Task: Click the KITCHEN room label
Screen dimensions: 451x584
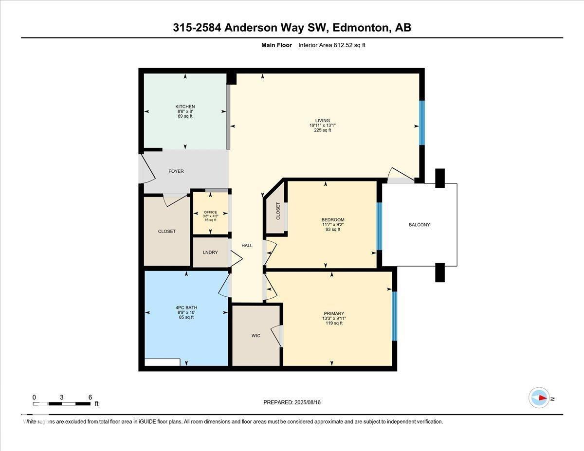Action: [185, 107]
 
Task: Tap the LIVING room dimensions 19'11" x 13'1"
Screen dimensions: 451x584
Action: [322, 126]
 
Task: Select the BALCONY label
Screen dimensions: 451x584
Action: [419, 225]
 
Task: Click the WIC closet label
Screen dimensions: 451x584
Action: [256, 336]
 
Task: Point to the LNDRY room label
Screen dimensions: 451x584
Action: [210, 253]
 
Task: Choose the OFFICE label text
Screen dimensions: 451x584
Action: [210, 212]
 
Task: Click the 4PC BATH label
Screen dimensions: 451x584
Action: [186, 307]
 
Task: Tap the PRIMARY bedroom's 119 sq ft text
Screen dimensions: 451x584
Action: [334, 323]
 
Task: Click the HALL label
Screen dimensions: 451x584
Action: [247, 246]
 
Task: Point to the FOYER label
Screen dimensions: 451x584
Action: [176, 171]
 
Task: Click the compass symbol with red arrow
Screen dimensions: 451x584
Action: [539, 398]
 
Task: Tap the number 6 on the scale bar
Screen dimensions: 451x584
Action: [90, 397]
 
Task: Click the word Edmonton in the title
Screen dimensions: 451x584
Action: [360, 28]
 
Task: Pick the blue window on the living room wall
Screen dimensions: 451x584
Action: [422, 123]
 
